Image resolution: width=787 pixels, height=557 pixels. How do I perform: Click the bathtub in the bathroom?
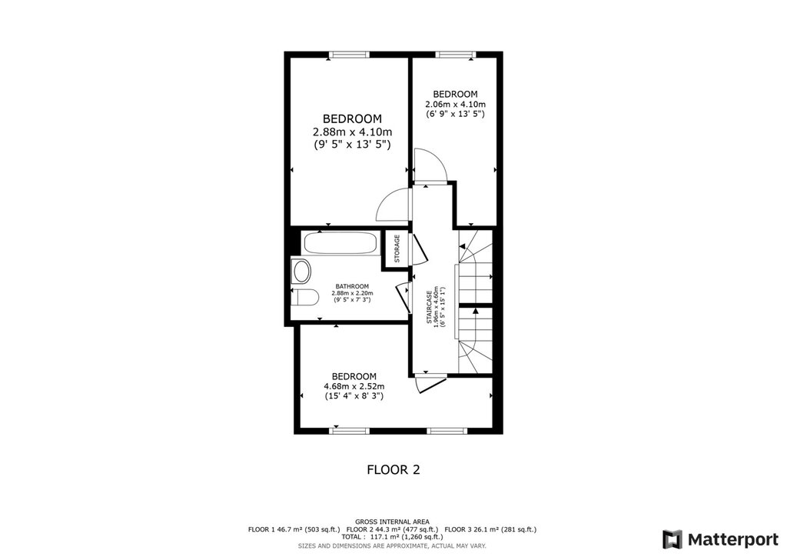(x=340, y=243)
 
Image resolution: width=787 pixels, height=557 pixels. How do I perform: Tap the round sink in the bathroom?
(x=301, y=272)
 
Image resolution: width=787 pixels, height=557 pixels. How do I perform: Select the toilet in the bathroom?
(x=304, y=297)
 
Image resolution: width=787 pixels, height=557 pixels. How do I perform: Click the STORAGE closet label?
(x=397, y=248)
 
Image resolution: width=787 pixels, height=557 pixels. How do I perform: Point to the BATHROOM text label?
(x=352, y=286)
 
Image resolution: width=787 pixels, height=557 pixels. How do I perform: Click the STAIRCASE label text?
(x=430, y=308)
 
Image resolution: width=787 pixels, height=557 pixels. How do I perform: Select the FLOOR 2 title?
(x=393, y=469)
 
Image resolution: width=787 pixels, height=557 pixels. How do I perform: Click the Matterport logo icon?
(x=672, y=539)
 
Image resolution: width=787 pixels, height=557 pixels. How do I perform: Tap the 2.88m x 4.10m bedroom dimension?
(x=352, y=132)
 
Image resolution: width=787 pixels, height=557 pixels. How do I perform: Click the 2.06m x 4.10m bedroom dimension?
(x=455, y=104)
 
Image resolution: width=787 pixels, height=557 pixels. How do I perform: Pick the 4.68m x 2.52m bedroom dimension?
(x=354, y=386)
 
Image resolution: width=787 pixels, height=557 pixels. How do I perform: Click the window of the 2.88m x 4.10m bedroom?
(x=349, y=55)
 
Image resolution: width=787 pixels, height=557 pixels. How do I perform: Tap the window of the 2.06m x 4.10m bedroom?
(x=455, y=55)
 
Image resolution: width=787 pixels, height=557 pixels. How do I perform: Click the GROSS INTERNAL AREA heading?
(x=392, y=522)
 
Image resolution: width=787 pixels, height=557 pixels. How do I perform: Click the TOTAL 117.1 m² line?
(x=392, y=536)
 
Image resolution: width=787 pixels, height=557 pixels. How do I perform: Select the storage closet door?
(x=419, y=248)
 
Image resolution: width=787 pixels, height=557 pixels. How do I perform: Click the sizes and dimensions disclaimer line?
(x=392, y=545)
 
